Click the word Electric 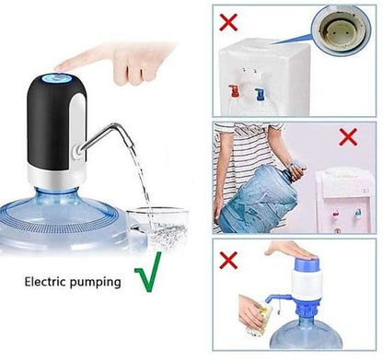click(x=45, y=281)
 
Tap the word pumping click(x=95, y=283)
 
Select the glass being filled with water click(x=157, y=229)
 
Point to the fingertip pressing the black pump click(x=59, y=67)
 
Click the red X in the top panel click(x=228, y=22)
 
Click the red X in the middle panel click(x=348, y=137)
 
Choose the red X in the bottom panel click(x=228, y=261)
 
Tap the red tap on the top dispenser click(x=235, y=91)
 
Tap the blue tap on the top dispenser click(x=260, y=94)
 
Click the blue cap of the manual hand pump click(x=307, y=263)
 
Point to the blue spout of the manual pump click(x=277, y=298)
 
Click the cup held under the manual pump click(x=261, y=319)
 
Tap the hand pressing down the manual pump click(x=290, y=250)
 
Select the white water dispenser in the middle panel click(x=345, y=200)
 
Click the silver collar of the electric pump click(x=56, y=177)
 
